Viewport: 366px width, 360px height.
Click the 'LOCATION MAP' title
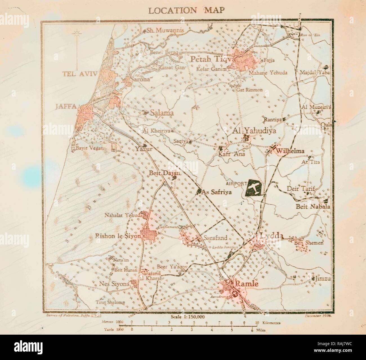[186, 10]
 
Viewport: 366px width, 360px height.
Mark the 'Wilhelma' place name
[290, 151]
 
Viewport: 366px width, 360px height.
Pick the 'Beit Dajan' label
[164, 174]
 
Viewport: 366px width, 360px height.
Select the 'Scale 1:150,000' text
[187, 316]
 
